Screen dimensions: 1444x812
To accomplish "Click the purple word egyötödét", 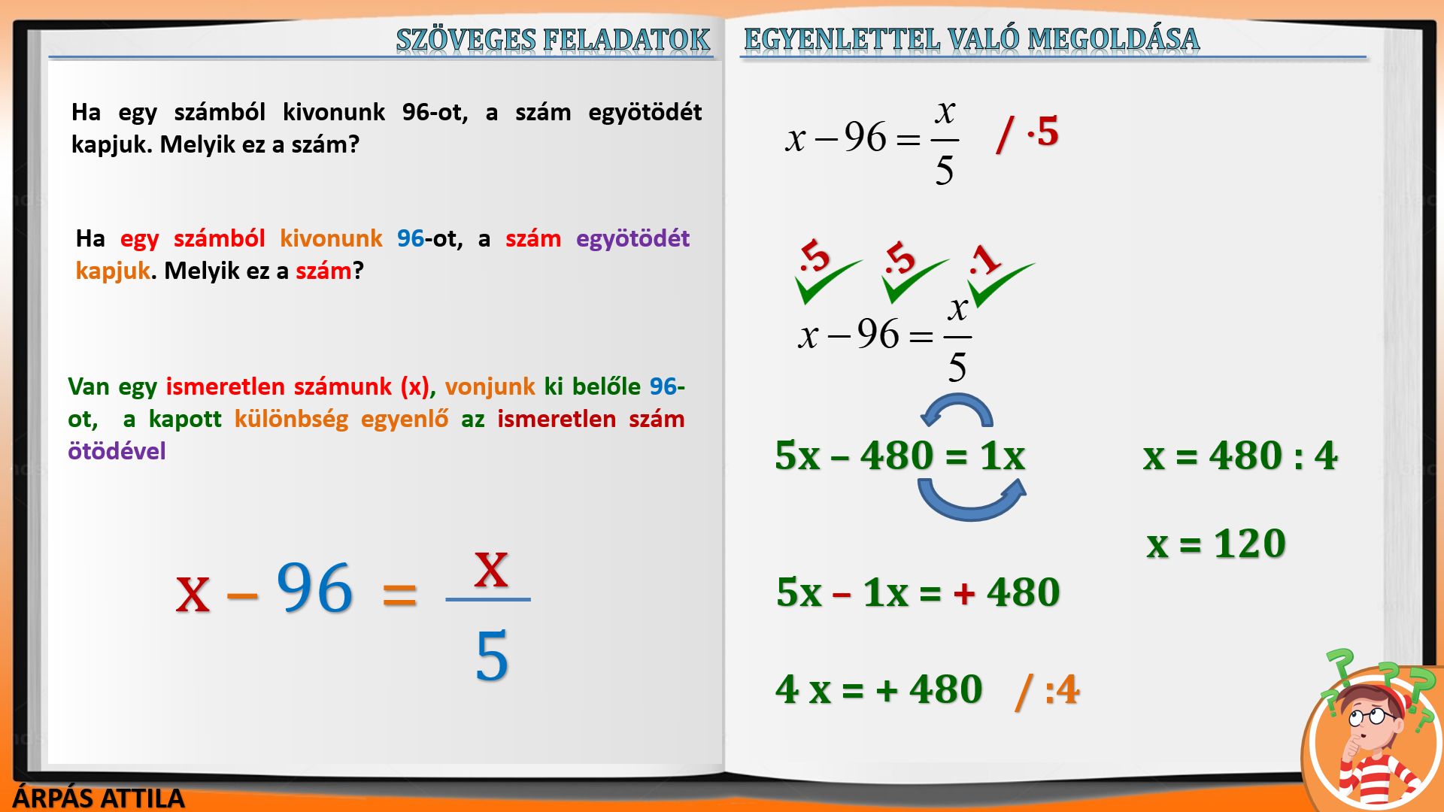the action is [633, 238].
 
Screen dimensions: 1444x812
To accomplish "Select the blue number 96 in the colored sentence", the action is [411, 238].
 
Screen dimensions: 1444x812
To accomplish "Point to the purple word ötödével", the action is [117, 451].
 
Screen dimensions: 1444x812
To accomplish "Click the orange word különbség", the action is [291, 419].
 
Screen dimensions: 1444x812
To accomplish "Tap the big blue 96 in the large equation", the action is [314, 588].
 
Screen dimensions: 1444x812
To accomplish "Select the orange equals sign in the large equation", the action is [399, 593].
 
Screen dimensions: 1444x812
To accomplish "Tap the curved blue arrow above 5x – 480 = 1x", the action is [957, 410].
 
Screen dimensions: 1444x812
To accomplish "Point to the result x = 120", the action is [1216, 544].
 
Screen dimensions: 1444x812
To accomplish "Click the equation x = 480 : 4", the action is [1240, 456].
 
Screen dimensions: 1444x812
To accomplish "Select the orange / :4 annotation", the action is [1047, 690].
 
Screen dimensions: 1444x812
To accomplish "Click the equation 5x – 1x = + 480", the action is [918, 592].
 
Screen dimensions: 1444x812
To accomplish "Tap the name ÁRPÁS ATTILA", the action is [99, 798].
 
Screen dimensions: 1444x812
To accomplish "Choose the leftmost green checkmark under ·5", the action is [827, 281].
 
